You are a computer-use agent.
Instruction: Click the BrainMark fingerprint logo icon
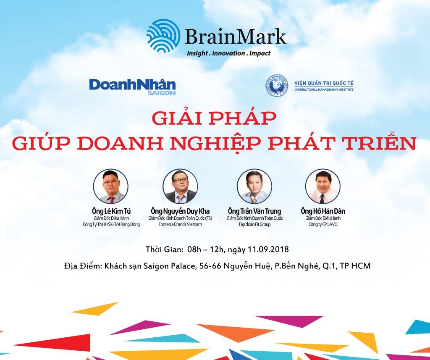coord(163,35)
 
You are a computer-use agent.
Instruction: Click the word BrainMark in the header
coord(236,37)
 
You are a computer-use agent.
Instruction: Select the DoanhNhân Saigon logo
coord(132,87)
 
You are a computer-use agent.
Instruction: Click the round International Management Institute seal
coord(277,85)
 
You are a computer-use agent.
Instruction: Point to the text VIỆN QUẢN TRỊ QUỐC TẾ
coord(324,83)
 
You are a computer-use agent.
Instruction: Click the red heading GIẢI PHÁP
coord(214,118)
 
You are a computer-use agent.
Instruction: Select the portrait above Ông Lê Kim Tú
coord(110,186)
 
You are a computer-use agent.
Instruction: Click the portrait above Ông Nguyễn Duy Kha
coord(180,186)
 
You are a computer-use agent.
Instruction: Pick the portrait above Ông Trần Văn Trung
coord(254,186)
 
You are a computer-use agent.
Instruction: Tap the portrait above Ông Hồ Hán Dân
coord(323,186)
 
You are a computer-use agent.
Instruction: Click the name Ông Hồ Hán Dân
coord(323,211)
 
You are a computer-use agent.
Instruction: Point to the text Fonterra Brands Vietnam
coord(180,224)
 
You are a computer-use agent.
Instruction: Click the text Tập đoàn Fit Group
coord(254,224)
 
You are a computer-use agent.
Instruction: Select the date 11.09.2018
coord(268,249)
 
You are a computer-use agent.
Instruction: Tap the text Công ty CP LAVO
coord(323,224)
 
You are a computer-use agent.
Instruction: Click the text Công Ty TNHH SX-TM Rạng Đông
coord(111,224)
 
